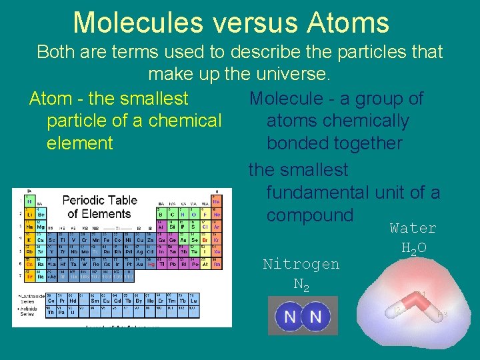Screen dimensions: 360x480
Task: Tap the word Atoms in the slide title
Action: (x=349, y=22)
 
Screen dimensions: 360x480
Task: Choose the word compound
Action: (x=309, y=215)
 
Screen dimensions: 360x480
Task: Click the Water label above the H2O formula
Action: (x=413, y=228)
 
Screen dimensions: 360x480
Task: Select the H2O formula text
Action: (x=414, y=249)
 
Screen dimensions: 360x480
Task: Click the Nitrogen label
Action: (x=301, y=264)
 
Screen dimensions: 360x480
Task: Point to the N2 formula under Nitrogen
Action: (x=301, y=285)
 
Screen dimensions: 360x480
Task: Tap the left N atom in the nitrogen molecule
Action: (x=290, y=316)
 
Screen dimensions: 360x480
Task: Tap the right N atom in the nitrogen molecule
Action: (x=315, y=316)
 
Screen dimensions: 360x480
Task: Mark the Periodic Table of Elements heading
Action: (x=99, y=207)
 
